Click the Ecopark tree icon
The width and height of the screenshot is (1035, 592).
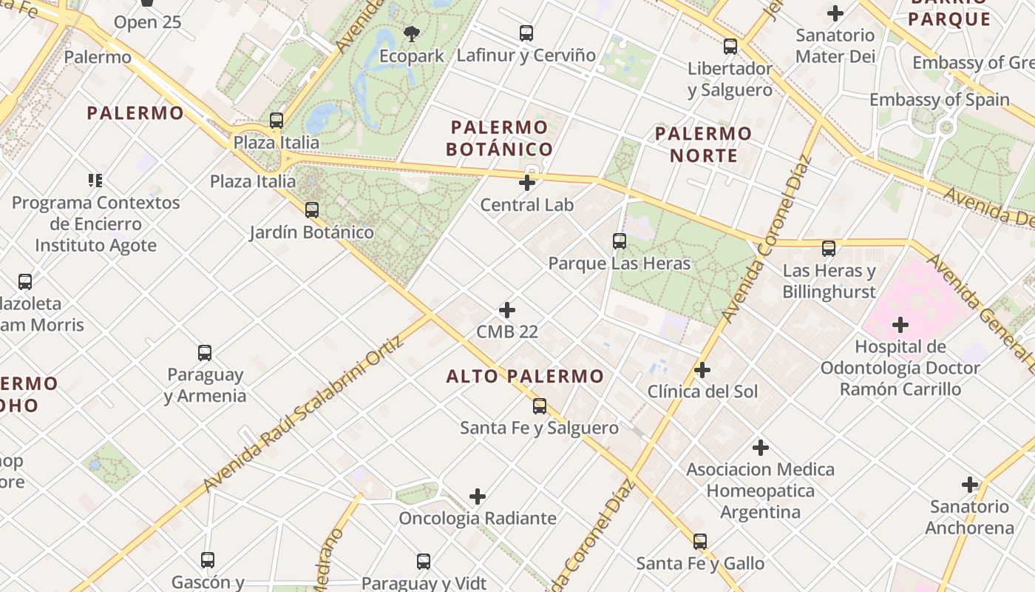pyautogui.click(x=411, y=33)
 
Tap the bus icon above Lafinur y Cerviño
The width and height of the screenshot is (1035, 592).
pyautogui.click(x=526, y=33)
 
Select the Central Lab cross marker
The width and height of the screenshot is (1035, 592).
pyautogui.click(x=527, y=182)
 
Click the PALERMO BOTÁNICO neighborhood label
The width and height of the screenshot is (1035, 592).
pyautogui.click(x=499, y=138)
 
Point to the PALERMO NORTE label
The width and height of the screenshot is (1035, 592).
pyautogui.click(x=703, y=144)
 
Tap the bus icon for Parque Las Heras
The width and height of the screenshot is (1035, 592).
pyautogui.click(x=620, y=241)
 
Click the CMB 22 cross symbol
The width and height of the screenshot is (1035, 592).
pyautogui.click(x=507, y=309)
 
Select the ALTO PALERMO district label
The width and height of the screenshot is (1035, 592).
pyautogui.click(x=525, y=376)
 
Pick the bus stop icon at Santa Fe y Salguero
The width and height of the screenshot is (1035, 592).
pyautogui.click(x=540, y=406)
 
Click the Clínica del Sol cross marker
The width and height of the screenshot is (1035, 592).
pyautogui.click(x=702, y=369)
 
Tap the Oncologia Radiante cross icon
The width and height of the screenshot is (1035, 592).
pyautogui.click(x=478, y=496)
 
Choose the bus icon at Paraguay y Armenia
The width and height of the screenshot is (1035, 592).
pyautogui.click(x=205, y=352)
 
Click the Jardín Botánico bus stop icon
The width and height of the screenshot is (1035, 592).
pyautogui.click(x=312, y=210)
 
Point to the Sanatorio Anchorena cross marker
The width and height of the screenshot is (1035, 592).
pyautogui.click(x=969, y=485)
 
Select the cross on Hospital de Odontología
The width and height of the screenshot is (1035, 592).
pyautogui.click(x=900, y=324)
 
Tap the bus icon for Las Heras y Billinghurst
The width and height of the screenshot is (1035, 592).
pyautogui.click(x=829, y=249)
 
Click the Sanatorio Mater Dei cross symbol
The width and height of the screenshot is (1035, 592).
pyautogui.click(x=835, y=13)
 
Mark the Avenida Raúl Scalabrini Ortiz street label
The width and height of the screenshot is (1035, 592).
pyautogui.click(x=305, y=414)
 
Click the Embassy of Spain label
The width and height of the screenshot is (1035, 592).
pyautogui.click(x=939, y=99)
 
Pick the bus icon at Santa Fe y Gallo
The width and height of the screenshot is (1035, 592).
pyautogui.click(x=700, y=541)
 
